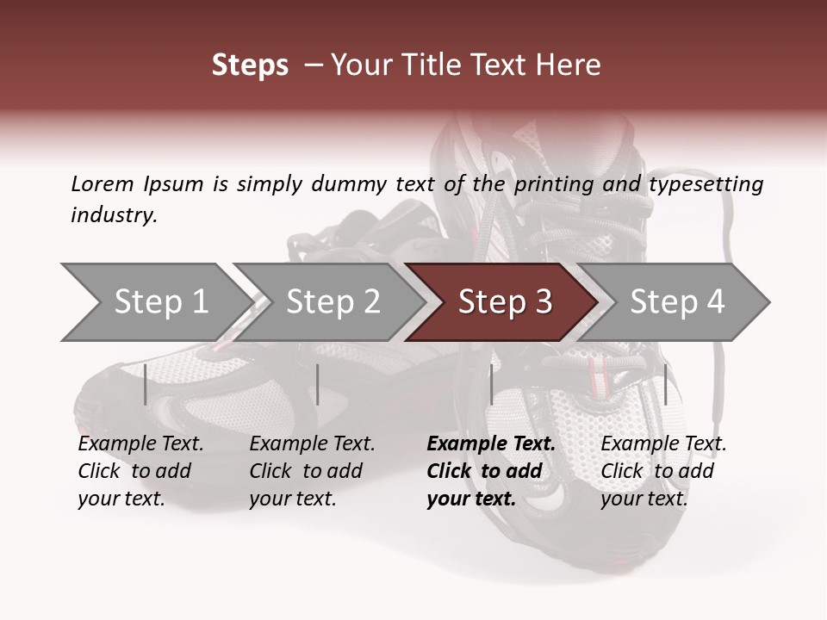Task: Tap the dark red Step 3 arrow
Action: pos(505,302)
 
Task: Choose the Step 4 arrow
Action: pos(677,302)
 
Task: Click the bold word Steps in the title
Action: pos(250,65)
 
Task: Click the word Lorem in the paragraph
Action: pos(103,184)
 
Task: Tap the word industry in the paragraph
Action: pos(114,215)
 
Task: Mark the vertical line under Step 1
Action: pos(146,384)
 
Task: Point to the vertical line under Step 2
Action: pos(318,384)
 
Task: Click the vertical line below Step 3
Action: pos(491,384)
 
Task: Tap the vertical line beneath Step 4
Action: pos(665,384)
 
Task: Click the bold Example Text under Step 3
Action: pos(491,444)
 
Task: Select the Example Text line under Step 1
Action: pos(140,444)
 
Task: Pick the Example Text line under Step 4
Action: pos(663,444)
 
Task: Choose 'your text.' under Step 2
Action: pos(292,499)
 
